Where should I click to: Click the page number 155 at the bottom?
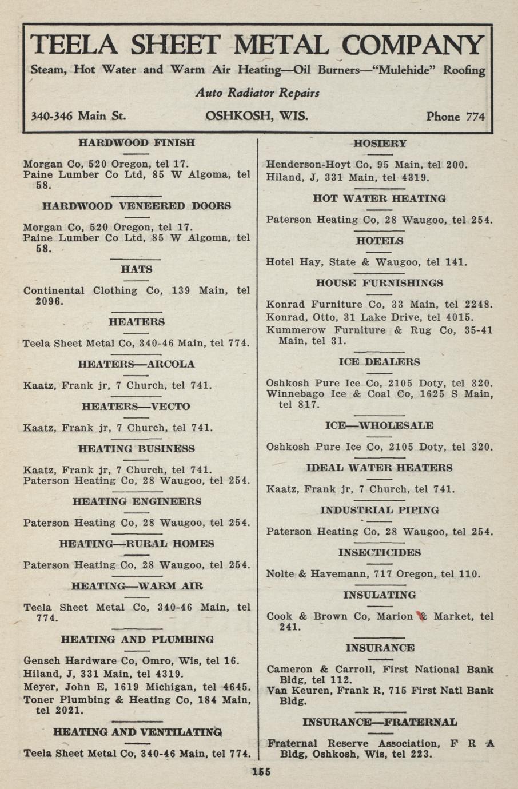click(x=261, y=772)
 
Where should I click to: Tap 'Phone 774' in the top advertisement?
click(x=455, y=117)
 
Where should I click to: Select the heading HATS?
click(x=137, y=269)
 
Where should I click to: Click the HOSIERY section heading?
click(x=380, y=144)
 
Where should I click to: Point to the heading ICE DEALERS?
click(x=379, y=362)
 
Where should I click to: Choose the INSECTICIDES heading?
click(x=379, y=553)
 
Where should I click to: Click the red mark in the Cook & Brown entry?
click(x=422, y=616)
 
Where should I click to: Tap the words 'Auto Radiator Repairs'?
click(x=257, y=93)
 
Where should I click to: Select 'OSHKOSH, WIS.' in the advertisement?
click(x=257, y=116)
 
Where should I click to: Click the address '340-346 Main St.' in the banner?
click(x=78, y=116)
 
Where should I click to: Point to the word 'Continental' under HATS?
click(x=54, y=290)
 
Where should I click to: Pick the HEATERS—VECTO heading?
click(x=136, y=407)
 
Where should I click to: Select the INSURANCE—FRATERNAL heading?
click(x=379, y=722)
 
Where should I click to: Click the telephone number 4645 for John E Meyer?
click(x=237, y=687)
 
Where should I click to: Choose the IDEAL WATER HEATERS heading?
click(x=379, y=468)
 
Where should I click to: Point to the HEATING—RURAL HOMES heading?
click(x=137, y=544)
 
